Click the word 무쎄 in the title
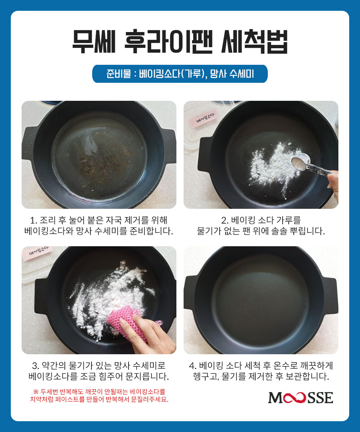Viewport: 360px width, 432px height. click(x=94, y=41)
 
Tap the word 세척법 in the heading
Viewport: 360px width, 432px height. click(x=255, y=41)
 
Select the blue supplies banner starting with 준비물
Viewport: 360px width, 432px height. click(x=180, y=74)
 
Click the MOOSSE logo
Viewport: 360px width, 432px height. click(x=301, y=397)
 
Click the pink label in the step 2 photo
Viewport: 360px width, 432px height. click(x=204, y=119)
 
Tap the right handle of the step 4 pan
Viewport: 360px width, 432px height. click(x=332, y=296)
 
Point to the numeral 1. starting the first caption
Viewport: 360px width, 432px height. click(x=34, y=221)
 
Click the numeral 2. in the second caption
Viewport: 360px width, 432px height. click(x=225, y=221)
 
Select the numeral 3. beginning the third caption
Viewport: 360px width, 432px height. click(x=36, y=366)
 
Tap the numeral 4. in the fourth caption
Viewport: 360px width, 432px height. click(x=193, y=366)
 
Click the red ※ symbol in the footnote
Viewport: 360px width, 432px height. click(x=36, y=392)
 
